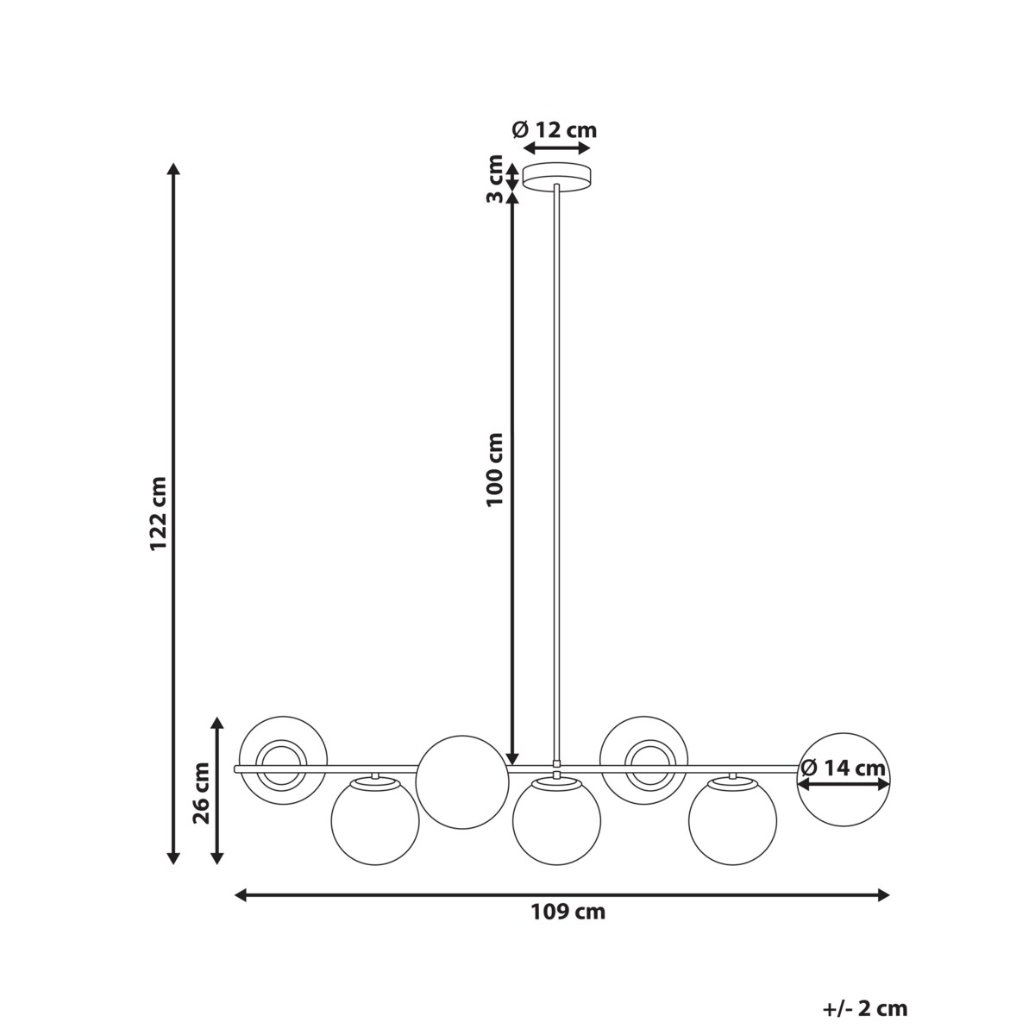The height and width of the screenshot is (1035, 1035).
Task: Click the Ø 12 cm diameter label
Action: point(554,130)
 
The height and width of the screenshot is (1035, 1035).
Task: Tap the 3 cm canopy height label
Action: point(495,178)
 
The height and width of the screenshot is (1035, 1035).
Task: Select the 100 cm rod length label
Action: point(494,469)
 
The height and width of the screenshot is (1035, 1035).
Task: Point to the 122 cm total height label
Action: point(157,514)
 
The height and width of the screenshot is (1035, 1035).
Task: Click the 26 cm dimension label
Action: point(202,793)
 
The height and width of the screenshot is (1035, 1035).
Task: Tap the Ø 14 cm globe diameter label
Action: point(843,767)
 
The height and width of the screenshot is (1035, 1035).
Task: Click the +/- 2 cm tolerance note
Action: point(864,1008)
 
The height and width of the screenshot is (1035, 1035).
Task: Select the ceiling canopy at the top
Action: point(557,177)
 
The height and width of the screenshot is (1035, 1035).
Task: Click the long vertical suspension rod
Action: point(557,474)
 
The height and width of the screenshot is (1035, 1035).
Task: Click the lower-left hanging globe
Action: point(375,821)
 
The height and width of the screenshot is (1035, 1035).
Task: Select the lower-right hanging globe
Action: point(732,821)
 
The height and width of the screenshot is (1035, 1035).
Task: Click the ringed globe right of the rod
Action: point(644,759)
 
